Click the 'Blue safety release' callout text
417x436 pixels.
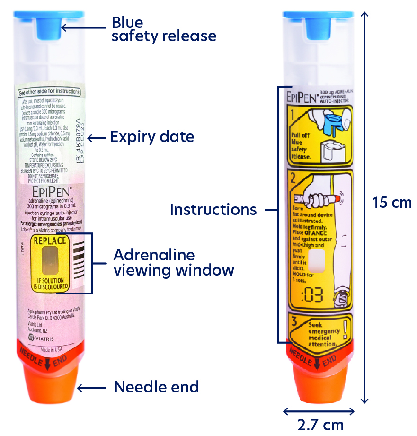click(164, 29)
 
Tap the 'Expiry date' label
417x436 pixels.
click(152, 137)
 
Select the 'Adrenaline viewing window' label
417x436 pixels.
click(173, 263)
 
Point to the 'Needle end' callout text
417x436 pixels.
click(156, 387)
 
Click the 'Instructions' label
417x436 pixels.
click(213, 209)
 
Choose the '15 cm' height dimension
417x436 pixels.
click(391, 202)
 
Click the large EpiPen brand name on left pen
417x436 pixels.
click(51, 192)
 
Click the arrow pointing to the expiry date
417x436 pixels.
click(97, 138)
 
